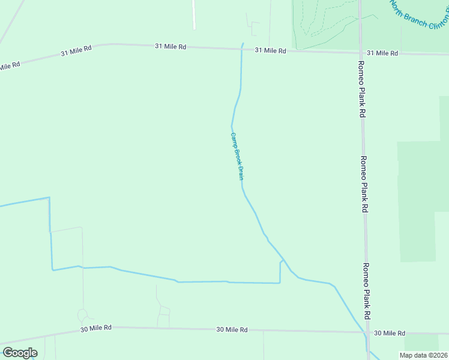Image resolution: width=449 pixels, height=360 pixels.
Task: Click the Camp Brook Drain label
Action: click(237, 157)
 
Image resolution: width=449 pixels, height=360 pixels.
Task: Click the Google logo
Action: click(20, 353)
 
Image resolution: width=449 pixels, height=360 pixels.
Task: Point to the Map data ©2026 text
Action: click(423, 355)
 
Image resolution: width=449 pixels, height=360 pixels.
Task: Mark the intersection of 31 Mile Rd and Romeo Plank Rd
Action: click(360, 53)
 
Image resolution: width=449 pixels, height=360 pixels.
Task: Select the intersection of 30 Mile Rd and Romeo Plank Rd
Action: click(366, 332)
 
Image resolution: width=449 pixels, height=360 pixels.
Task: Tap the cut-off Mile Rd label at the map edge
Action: click(9, 65)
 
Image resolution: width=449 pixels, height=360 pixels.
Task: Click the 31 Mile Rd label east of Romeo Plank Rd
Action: click(382, 53)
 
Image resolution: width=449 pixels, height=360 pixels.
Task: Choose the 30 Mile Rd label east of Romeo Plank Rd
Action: click(389, 333)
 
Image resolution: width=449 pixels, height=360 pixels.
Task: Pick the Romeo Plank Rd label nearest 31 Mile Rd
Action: click(361, 88)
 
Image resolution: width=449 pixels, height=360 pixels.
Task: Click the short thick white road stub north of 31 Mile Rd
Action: click(194, 14)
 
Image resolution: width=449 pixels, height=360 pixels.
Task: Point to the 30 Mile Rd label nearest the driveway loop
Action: click(96, 328)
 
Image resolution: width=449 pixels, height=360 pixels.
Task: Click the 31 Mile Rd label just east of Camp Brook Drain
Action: click(270, 51)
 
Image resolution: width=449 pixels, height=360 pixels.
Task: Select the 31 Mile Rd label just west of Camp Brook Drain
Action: click(170, 46)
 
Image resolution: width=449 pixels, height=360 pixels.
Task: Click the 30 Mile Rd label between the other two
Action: click(232, 330)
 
